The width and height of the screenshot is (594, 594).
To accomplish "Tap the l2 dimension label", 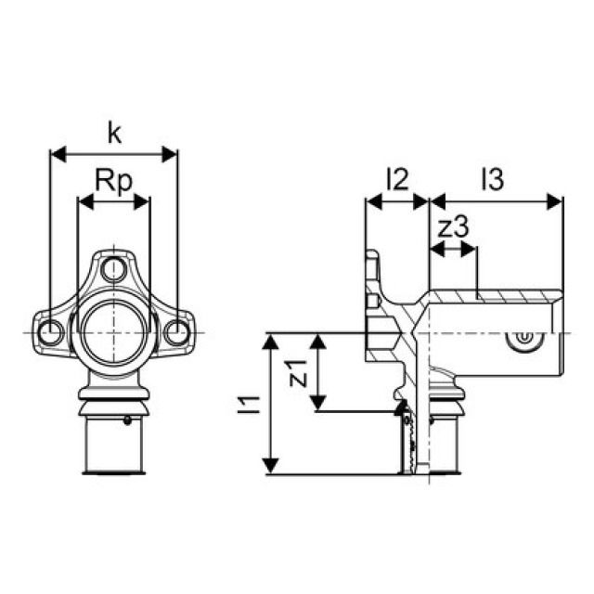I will click(x=396, y=178).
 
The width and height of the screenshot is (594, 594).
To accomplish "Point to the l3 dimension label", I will click(x=492, y=178).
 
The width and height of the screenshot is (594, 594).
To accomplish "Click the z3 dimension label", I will click(x=452, y=226).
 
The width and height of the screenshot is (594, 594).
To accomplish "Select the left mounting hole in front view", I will click(x=50, y=331).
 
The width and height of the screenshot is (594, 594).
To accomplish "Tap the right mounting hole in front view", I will click(x=175, y=331).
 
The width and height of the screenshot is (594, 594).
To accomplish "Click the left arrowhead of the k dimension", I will click(x=56, y=154).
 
